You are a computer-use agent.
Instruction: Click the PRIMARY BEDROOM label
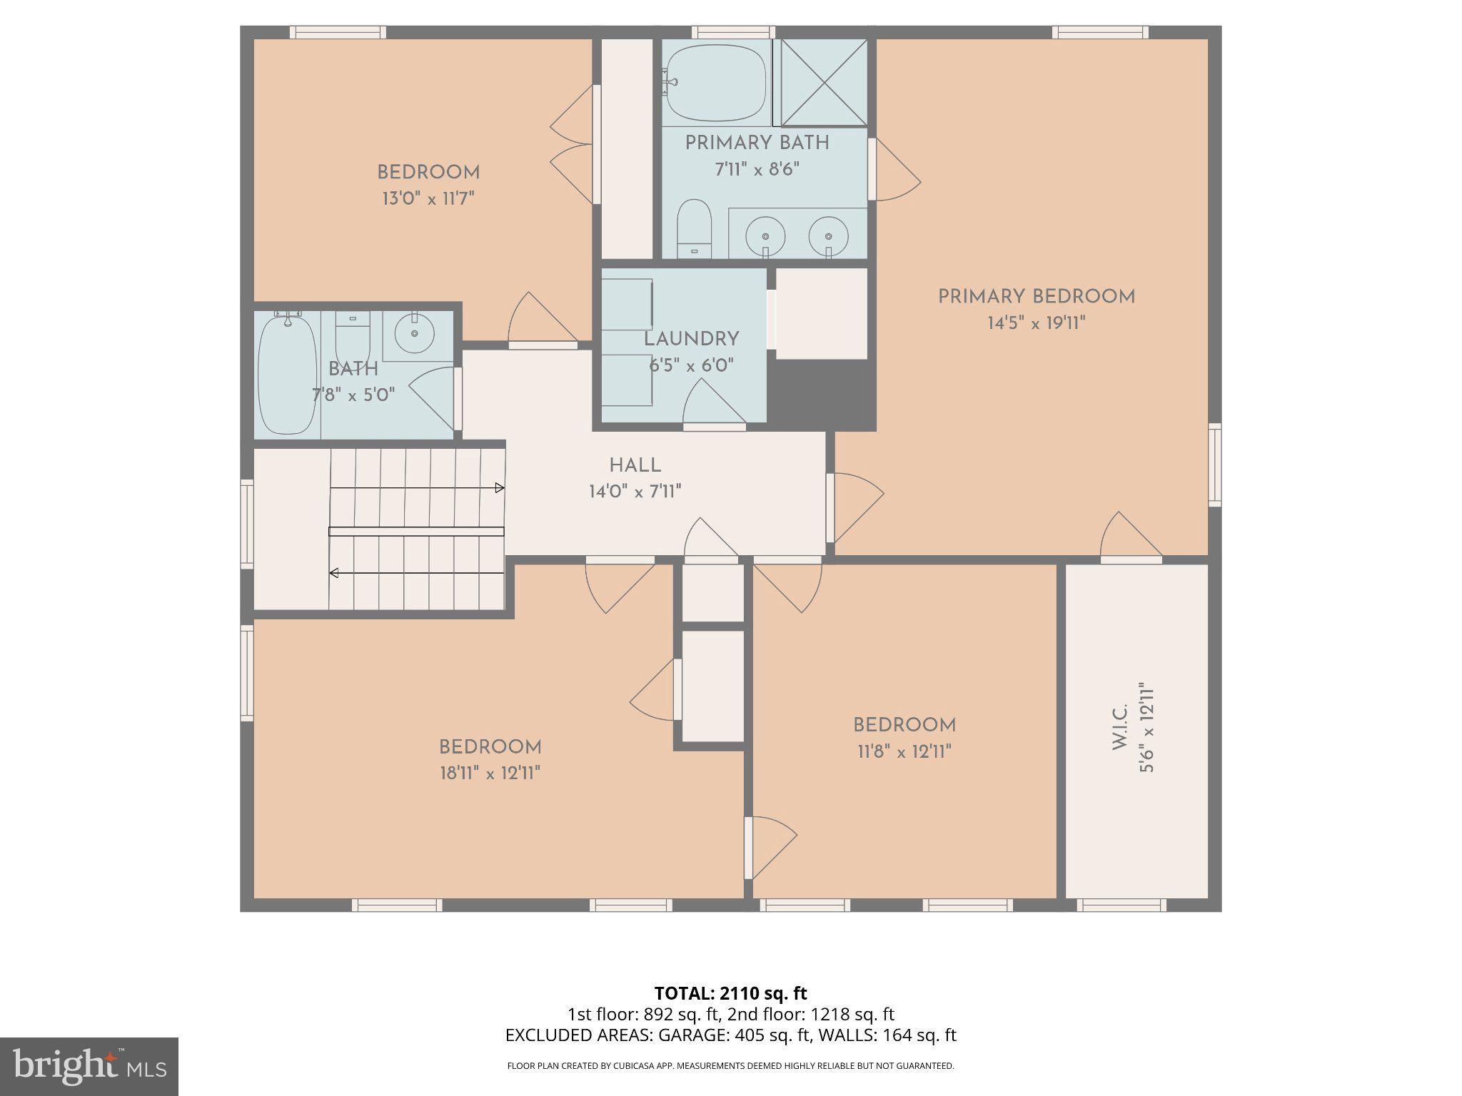coord(1036,297)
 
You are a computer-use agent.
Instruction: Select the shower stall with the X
coord(825,83)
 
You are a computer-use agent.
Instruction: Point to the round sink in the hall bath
coord(415,333)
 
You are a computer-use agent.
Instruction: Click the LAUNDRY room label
coord(691,340)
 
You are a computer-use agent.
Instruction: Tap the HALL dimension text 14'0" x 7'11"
coord(635,492)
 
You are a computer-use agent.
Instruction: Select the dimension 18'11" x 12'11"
coord(490,773)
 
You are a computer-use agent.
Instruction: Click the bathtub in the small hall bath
coord(286,375)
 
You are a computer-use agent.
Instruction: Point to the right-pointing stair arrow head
coord(500,488)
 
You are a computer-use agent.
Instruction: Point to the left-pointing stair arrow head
coord(333,572)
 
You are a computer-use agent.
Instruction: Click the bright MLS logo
coord(89,1066)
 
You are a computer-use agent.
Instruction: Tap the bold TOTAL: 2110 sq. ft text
coord(730,993)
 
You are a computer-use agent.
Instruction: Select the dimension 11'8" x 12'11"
coord(904,751)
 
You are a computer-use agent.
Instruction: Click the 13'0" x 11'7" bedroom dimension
coord(428,198)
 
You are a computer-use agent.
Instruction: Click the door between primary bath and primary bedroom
coord(894,170)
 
